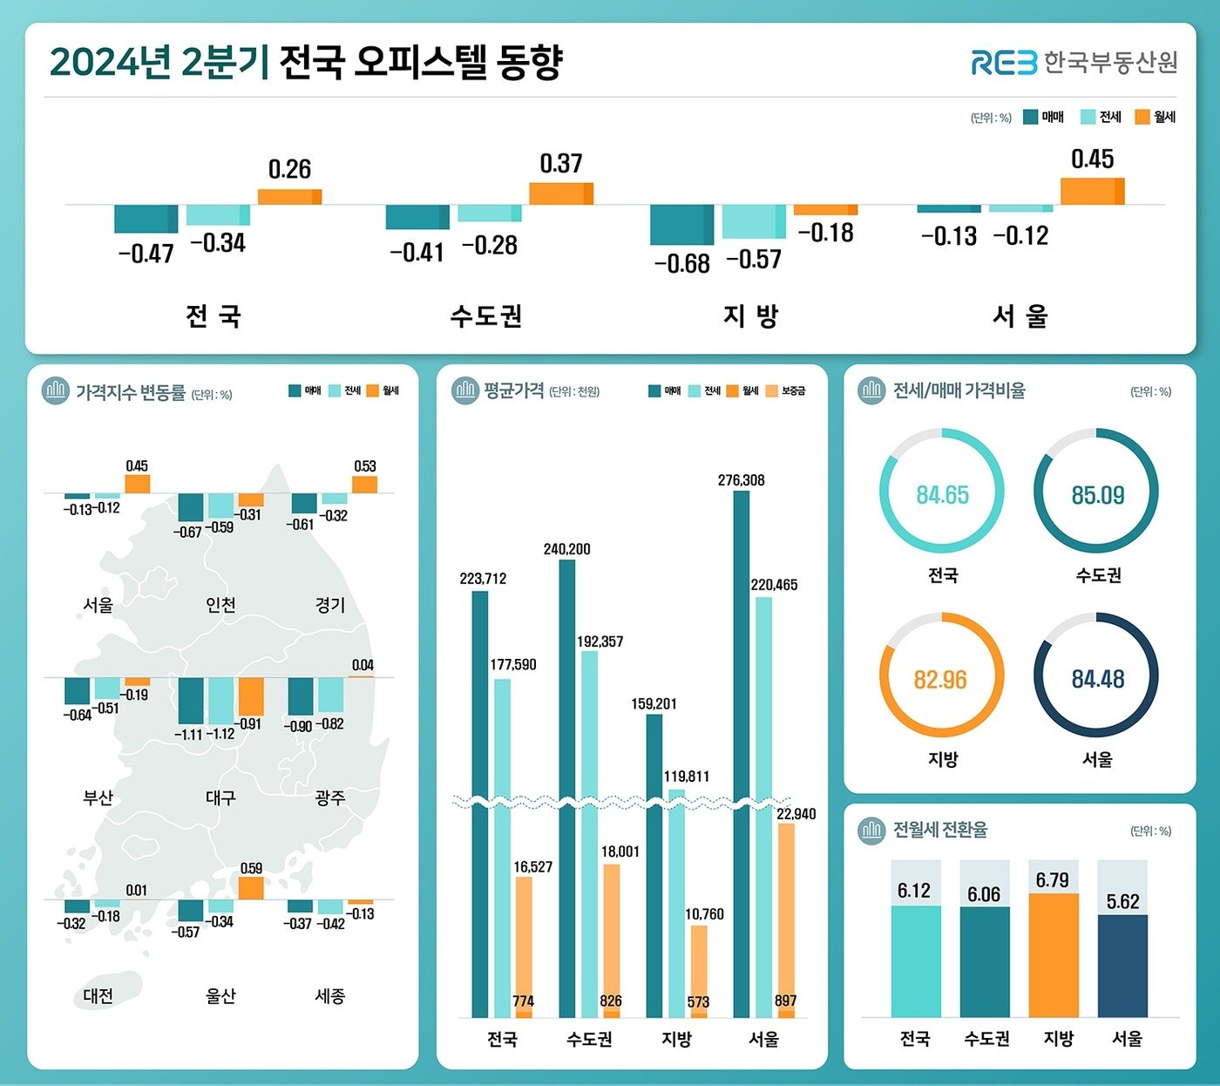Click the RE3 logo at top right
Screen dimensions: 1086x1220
pyautogui.click(x=1004, y=62)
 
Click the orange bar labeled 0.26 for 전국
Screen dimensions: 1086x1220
pyautogui.click(x=289, y=197)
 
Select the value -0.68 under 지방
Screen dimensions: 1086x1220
pyautogui.click(x=681, y=263)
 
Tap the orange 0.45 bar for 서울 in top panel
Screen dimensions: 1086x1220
pyautogui.click(x=1092, y=191)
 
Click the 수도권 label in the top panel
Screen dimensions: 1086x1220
pyautogui.click(x=486, y=316)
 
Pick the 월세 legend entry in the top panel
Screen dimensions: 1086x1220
pyautogui.click(x=1156, y=117)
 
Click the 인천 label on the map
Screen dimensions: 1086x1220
pyautogui.click(x=220, y=604)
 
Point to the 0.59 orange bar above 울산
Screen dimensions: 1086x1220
pyautogui.click(x=251, y=888)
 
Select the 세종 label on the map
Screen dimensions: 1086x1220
pyautogui.click(x=330, y=995)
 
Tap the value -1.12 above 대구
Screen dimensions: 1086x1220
pyautogui.click(x=220, y=734)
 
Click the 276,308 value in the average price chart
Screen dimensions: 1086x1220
pyautogui.click(x=741, y=480)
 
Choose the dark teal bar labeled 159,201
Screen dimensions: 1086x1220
pyautogui.click(x=654, y=863)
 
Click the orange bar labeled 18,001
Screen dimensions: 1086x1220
pyautogui.click(x=611, y=940)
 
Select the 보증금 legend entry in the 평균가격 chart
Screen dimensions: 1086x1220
pyautogui.click(x=786, y=391)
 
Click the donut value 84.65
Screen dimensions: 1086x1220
pyautogui.click(x=942, y=495)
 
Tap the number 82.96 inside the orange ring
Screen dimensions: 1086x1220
pyautogui.click(x=940, y=679)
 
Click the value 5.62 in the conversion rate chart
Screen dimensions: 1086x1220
pyautogui.click(x=1122, y=901)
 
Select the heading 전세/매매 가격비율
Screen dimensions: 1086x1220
pyautogui.click(x=959, y=390)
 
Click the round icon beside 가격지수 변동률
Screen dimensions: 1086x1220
pyautogui.click(x=56, y=391)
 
